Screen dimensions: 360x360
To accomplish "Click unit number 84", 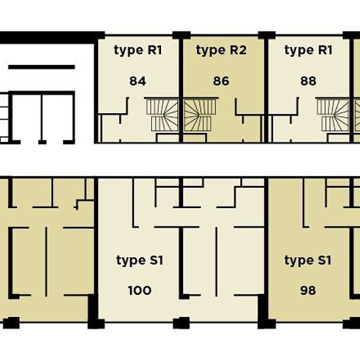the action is [137, 81].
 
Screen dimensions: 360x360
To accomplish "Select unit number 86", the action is [221, 81].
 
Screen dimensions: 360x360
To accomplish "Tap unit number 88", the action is [308, 81].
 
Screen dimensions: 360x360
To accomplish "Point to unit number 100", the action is [139, 291].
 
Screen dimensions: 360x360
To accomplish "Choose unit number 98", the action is [308, 291].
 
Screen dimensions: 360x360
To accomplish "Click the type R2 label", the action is [221, 50].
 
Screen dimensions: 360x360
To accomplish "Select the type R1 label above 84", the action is [138, 50].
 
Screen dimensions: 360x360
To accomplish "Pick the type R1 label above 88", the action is [308, 50].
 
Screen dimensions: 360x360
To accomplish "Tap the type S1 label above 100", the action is [140, 261].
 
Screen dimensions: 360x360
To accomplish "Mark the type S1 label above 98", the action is [308, 261].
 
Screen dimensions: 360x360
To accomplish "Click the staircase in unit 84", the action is [162, 115].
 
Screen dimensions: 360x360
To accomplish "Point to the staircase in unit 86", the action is [200, 115].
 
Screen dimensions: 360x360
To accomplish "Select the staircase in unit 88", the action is [333, 115].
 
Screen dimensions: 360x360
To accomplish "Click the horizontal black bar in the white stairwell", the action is [41, 67].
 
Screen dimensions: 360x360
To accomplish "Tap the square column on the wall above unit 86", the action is [181, 35].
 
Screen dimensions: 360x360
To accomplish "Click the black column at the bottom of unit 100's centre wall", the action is [181, 323].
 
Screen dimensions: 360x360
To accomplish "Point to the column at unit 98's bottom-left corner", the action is [266, 323].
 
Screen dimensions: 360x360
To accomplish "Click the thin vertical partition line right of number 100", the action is [216, 262].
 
